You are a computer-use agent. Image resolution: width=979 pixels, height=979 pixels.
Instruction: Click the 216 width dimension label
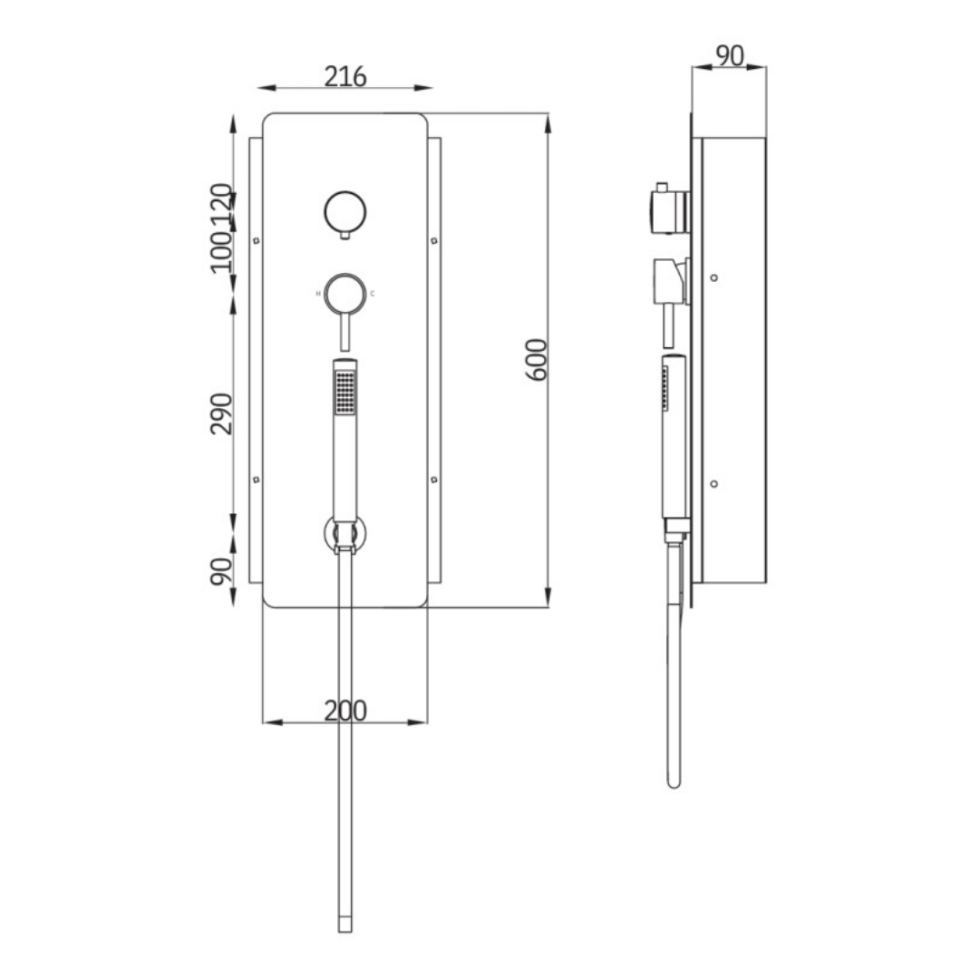(345, 77)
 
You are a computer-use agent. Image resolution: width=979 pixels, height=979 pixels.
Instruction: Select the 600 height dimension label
(537, 359)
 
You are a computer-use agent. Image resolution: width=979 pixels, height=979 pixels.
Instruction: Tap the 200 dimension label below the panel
(345, 712)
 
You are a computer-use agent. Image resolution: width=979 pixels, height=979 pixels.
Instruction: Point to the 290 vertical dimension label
(222, 413)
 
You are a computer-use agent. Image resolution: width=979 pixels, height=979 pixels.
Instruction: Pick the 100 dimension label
(222, 251)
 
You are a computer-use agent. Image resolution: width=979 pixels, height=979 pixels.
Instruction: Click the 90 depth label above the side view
(729, 56)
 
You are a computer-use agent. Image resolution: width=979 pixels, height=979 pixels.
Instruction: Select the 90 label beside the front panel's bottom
(222, 571)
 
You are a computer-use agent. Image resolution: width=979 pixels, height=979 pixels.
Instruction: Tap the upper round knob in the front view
(344, 212)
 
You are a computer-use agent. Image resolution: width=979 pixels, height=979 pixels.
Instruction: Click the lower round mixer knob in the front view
(344, 293)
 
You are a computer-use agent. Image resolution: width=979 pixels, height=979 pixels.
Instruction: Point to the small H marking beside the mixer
(317, 294)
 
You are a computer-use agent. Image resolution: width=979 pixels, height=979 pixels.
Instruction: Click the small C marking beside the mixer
(372, 294)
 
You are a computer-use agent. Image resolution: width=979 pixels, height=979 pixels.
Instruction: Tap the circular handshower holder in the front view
(345, 535)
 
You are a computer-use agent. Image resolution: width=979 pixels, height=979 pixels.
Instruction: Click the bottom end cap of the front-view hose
(344, 925)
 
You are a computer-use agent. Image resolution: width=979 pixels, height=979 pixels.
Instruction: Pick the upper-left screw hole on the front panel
(257, 240)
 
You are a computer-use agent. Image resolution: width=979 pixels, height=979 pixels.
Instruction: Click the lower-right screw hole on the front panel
(433, 479)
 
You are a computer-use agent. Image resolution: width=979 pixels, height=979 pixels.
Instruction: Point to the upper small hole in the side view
(714, 277)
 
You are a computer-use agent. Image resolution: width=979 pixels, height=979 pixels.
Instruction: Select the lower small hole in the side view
(714, 483)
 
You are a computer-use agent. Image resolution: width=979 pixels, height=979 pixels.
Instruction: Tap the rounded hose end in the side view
(673, 780)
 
